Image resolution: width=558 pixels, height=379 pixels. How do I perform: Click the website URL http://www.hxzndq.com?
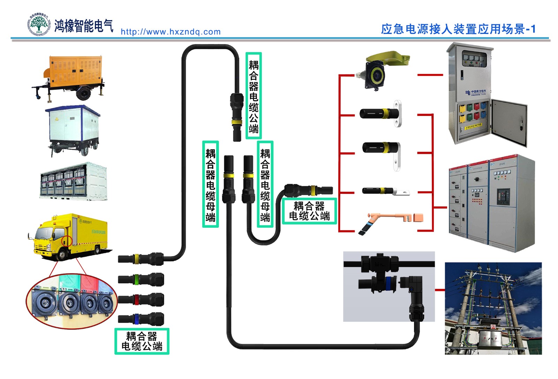point(171,32)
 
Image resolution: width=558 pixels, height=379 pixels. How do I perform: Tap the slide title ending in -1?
point(458,29)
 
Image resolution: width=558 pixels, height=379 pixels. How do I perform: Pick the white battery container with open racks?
point(74,181)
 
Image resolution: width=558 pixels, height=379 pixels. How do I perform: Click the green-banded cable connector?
point(141,279)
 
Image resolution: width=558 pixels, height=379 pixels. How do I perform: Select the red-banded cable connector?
point(141,299)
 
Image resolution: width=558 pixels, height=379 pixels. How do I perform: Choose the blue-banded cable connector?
point(141,319)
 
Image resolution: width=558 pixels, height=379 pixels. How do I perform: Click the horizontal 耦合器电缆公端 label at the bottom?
point(142,341)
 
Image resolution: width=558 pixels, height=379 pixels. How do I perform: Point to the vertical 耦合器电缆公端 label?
point(254,96)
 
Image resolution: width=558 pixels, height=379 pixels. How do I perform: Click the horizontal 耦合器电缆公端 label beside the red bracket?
point(309,211)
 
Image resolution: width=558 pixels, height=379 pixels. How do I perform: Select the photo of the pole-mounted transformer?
point(493,308)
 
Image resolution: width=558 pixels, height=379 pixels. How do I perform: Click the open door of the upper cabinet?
point(509,122)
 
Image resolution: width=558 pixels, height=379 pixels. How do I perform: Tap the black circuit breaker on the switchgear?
point(503,196)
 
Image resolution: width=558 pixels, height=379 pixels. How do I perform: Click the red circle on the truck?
point(67,241)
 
